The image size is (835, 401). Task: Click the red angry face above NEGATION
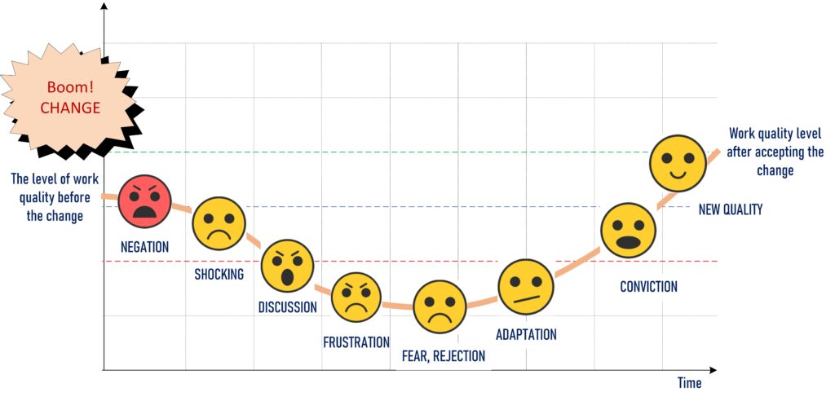(145, 202)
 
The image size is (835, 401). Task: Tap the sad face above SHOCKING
(219, 223)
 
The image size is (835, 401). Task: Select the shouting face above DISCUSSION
(287, 266)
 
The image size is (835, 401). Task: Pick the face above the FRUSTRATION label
(356, 297)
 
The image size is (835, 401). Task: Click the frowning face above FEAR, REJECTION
(440, 306)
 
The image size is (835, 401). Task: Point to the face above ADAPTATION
(526, 286)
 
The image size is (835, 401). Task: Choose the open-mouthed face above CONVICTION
(628, 231)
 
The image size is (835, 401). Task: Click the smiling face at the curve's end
(678, 162)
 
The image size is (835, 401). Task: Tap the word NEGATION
(144, 247)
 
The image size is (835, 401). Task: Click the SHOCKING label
(219, 274)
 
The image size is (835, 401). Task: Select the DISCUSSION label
(287, 307)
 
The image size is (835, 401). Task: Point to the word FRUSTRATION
(356, 342)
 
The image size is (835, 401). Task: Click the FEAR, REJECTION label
(443, 356)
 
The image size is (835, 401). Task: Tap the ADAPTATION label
(526, 334)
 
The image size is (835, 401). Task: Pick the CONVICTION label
(648, 286)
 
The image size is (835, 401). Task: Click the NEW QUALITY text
(730, 209)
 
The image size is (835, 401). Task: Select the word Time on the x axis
(688, 382)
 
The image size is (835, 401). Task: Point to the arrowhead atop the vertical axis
(104, 8)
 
